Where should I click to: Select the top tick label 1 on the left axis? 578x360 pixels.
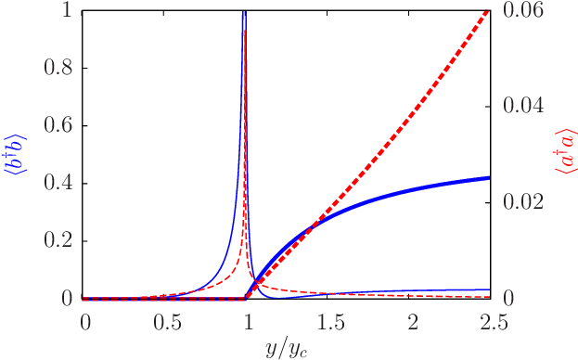[x=66, y=10]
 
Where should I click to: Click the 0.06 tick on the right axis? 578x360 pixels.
[x=524, y=10]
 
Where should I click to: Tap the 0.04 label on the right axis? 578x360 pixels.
[x=524, y=106]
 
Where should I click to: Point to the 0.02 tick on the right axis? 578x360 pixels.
[x=524, y=202]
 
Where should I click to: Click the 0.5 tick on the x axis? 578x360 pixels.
[x=166, y=322]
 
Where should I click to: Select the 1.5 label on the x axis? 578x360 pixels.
[x=329, y=322]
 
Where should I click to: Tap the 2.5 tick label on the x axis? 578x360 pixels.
[x=492, y=322]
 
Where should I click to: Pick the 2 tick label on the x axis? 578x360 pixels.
[x=411, y=322]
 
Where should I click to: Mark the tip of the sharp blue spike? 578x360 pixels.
[x=243, y=13]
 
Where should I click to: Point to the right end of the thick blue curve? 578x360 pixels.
[x=489, y=177]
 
